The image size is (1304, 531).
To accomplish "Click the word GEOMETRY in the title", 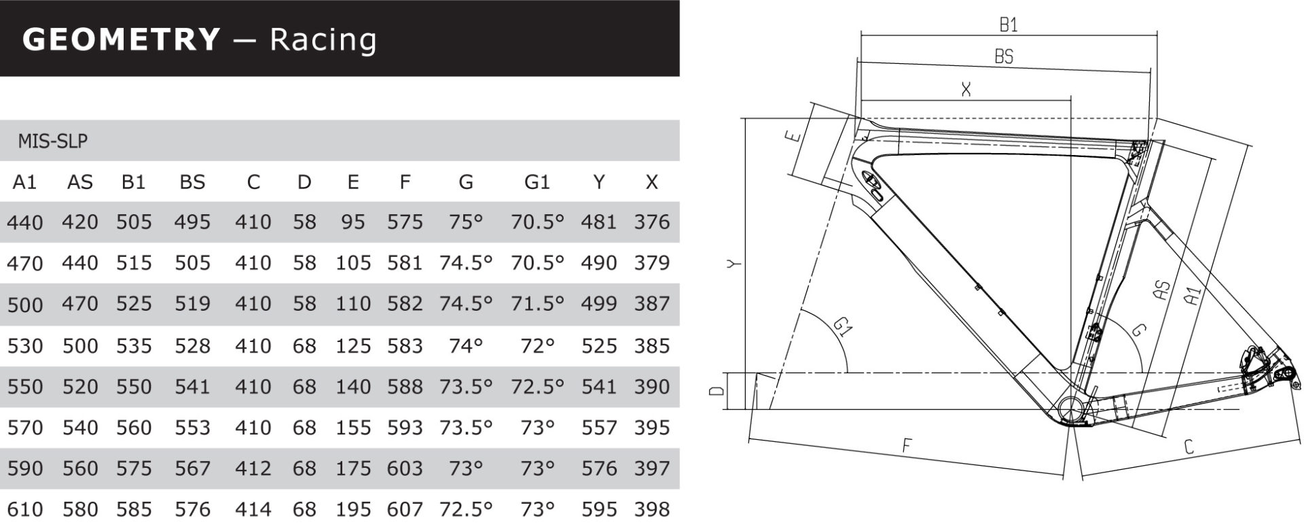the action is point(122,39).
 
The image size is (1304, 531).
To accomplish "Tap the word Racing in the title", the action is point(323,40).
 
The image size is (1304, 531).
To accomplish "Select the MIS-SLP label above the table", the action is point(53,141).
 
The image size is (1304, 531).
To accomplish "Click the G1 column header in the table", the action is point(537,182).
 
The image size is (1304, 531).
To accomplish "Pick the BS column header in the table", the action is point(192,182).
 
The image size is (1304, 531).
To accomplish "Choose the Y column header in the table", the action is point(598,182).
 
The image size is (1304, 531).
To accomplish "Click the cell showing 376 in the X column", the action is point(652,222).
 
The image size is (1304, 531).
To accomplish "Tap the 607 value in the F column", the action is point(405,509).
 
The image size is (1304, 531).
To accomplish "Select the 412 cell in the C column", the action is point(253,468).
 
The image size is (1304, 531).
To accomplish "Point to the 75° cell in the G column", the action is point(466,222).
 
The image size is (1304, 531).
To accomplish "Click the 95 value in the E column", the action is point(353,222).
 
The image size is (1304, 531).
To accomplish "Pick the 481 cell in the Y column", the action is point(598,222).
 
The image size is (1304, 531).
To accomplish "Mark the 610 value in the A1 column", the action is point(25,509).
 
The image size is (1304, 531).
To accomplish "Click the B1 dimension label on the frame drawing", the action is point(1009,25).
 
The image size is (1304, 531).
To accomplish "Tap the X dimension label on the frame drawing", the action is point(966,89).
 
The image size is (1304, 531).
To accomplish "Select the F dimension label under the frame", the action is point(907,446).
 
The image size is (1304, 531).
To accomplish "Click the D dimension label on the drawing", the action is point(717,391).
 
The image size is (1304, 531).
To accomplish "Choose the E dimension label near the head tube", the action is point(793,136).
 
